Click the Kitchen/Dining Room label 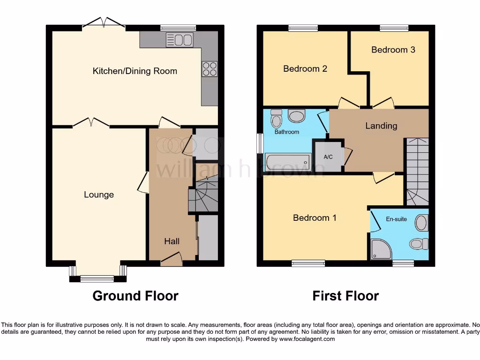(135, 71)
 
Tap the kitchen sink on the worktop (179, 40)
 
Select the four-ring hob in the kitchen (210, 69)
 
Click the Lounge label (99, 195)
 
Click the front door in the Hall (171, 259)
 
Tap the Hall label (172, 241)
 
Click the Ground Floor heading (135, 296)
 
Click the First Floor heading (345, 296)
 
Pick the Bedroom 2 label (305, 69)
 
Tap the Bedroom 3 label (393, 50)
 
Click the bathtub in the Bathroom (288, 162)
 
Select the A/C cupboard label (328, 157)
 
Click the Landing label (381, 126)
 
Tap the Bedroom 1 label (315, 218)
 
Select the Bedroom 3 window (393, 28)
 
